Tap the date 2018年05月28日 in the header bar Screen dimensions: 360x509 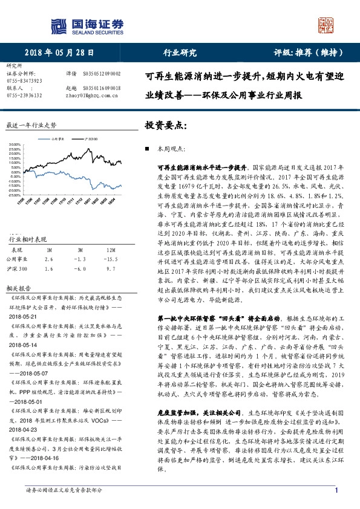61,53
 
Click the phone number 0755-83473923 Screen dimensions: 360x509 24,80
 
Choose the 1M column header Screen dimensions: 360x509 49,249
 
